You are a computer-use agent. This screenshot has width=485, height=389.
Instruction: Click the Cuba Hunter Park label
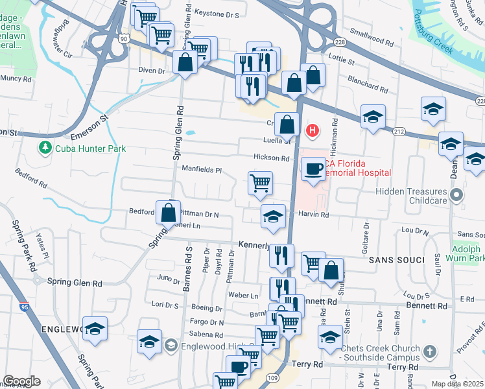tap(90, 148)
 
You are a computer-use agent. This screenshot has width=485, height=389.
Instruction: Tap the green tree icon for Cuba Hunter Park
tap(45, 148)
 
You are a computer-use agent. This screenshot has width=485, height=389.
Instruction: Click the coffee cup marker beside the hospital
tap(314, 170)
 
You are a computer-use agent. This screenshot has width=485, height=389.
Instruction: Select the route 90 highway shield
tap(123, 39)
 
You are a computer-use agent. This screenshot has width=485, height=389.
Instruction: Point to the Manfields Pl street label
tap(201, 171)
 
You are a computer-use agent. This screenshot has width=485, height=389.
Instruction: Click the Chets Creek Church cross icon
tap(428, 352)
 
